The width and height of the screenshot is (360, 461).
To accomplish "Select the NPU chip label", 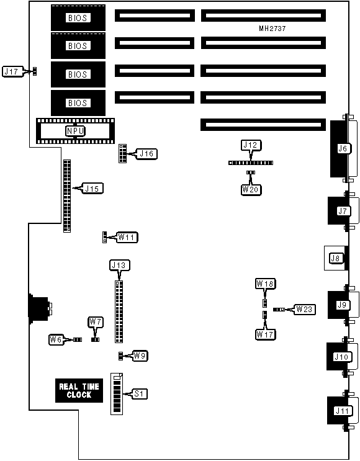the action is coord(75,131).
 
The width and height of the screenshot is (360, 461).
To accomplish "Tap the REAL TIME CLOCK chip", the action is coord(79,390).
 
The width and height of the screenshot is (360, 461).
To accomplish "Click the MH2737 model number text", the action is coord(272,29).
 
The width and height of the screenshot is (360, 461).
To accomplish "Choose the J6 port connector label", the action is coord(343,148).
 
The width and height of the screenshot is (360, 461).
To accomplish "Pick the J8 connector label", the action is coord(336,258).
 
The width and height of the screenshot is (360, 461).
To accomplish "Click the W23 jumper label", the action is coord(304,309).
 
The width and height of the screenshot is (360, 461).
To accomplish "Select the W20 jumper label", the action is coord(251,190).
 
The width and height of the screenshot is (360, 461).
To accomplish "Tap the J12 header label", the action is coord(251,145).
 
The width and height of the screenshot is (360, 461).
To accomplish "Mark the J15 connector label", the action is coord(92,189).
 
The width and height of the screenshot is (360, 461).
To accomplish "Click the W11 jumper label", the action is coord(127,237).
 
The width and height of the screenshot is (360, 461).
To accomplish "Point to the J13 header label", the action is coord(119,265).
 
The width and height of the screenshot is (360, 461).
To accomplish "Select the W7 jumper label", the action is coord(96,322).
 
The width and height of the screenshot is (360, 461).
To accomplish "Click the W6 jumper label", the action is coord(56,340).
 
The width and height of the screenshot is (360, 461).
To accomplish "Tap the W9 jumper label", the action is coord(140,356).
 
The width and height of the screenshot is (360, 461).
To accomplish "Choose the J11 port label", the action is coord(343,410).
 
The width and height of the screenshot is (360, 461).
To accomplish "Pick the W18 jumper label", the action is coord(265,284).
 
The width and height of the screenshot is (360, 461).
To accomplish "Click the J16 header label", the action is coord(146,154).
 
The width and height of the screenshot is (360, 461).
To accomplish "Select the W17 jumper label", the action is coord(265,334).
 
